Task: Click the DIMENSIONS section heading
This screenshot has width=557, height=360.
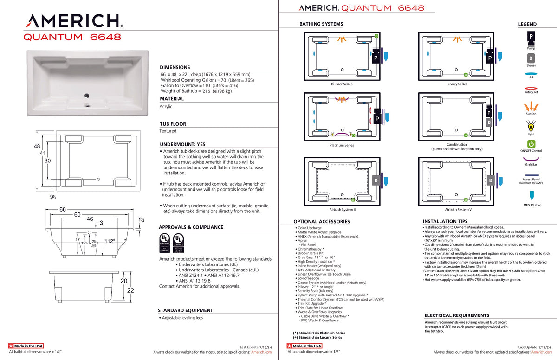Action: (175, 67)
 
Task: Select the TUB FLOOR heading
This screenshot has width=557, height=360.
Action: (173, 124)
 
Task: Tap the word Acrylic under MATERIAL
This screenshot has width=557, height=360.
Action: (166, 106)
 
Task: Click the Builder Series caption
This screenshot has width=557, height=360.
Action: (342, 84)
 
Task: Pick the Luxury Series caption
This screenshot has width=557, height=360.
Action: (456, 84)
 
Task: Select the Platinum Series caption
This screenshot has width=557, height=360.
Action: (342, 145)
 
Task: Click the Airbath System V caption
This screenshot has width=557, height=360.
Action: (456, 209)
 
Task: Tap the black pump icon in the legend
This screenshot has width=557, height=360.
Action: (531, 37)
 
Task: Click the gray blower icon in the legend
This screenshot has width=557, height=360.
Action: (531, 58)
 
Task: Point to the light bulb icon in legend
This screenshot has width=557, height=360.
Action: (531, 125)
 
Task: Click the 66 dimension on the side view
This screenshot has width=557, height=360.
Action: (62, 209)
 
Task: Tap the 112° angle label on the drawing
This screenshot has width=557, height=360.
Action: (110, 241)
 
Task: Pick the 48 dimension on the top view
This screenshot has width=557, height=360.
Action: (37, 146)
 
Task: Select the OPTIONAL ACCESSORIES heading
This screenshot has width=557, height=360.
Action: (321, 222)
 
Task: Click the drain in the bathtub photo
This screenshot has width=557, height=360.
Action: (86, 96)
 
